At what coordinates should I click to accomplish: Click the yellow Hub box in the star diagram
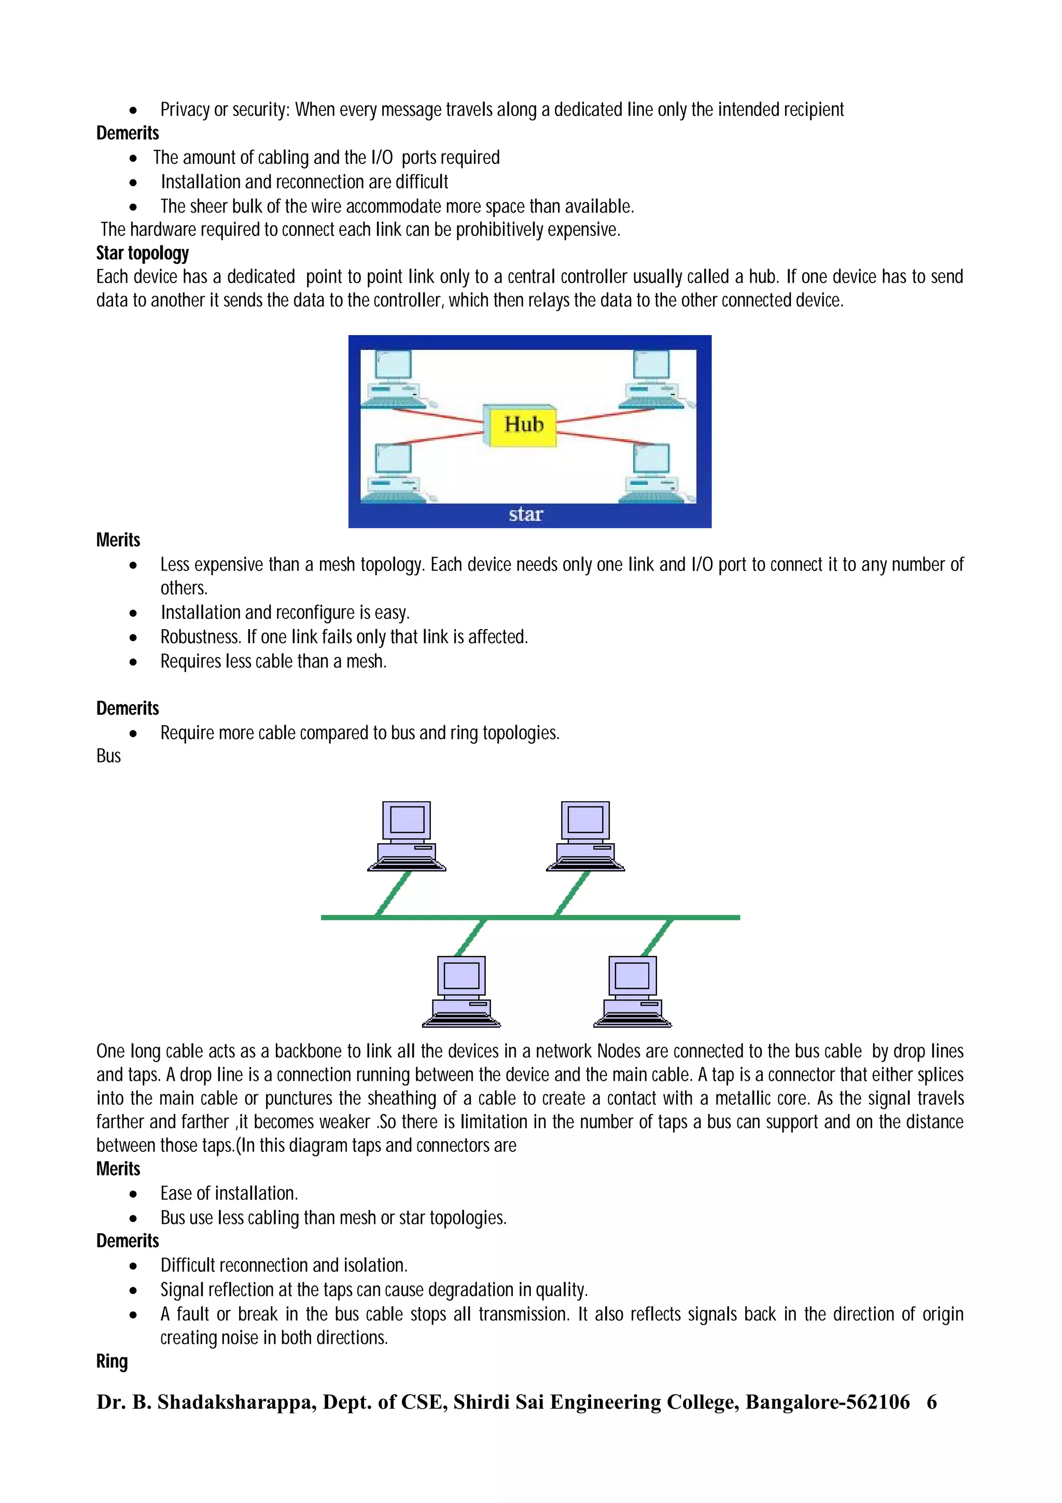pyautogui.click(x=522, y=425)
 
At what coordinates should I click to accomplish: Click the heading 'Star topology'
pyautogui.click(x=142, y=253)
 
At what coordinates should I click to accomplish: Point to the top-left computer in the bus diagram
pyautogui.click(x=407, y=836)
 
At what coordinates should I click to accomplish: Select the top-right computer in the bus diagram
pyautogui.click(x=585, y=836)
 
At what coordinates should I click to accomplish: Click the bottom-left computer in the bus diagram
pyautogui.click(x=462, y=991)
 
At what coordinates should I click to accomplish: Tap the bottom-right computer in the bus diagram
pyautogui.click(x=632, y=991)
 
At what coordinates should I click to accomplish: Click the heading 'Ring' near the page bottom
pyautogui.click(x=112, y=1361)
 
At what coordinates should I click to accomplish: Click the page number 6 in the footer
pyautogui.click(x=931, y=1402)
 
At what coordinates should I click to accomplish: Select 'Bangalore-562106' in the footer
pyautogui.click(x=827, y=1402)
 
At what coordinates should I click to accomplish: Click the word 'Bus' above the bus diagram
pyautogui.click(x=108, y=756)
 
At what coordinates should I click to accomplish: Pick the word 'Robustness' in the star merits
pyautogui.click(x=200, y=637)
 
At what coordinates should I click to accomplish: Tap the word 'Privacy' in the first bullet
pyautogui.click(x=185, y=109)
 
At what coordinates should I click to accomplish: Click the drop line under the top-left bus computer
pyautogui.click(x=393, y=894)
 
